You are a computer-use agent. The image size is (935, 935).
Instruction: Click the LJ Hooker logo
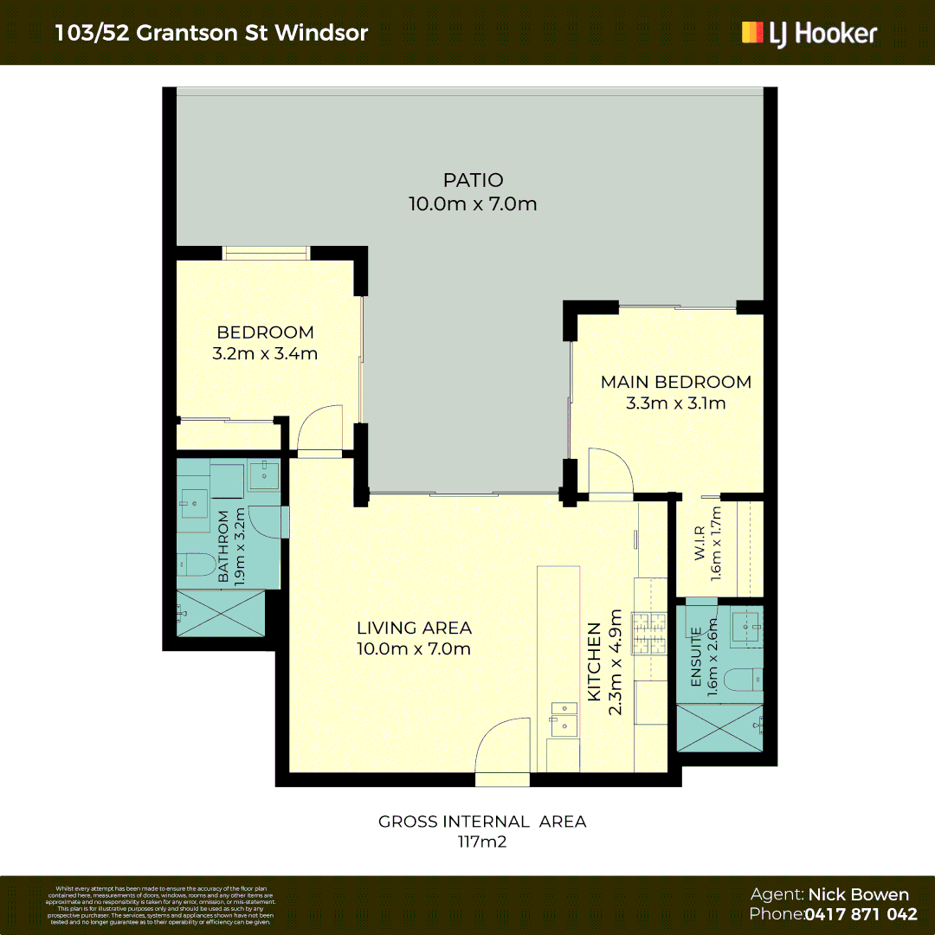tap(809, 33)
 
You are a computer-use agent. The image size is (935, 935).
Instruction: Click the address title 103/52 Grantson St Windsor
tap(211, 33)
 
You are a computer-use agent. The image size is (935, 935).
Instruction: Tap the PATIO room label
tap(473, 180)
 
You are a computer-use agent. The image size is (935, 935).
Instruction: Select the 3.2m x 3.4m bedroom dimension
tap(265, 353)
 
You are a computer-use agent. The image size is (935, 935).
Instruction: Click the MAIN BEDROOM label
tap(676, 382)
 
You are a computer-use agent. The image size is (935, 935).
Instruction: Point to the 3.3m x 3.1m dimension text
tap(676, 403)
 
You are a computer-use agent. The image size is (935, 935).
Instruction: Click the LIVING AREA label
tap(414, 628)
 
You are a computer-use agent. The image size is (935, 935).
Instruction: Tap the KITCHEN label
tap(595, 662)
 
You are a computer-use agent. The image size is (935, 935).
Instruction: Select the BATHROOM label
tap(223, 546)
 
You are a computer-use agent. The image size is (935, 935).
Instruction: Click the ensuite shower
tap(719, 727)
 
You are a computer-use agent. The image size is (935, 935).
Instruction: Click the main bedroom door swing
tap(610, 472)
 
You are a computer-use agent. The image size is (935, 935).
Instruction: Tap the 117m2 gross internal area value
tap(482, 841)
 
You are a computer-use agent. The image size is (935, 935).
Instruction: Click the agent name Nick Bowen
tap(859, 895)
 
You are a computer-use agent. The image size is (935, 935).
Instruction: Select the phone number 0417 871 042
tap(861, 914)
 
